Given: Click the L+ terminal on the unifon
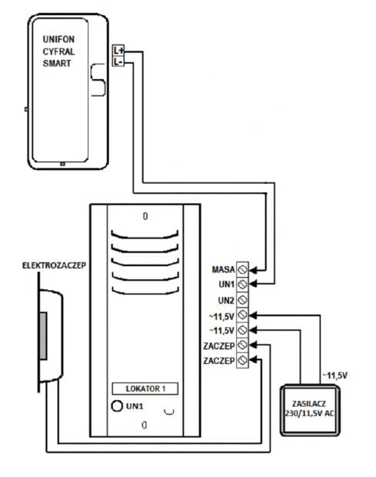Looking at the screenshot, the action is click(x=118, y=50).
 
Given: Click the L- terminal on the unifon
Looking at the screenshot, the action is click(x=118, y=62).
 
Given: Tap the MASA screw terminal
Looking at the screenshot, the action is click(x=242, y=269).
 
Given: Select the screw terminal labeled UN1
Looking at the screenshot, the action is click(x=242, y=285).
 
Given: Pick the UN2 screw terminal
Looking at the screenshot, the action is click(x=242, y=300).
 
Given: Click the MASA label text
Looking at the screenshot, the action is click(x=224, y=269).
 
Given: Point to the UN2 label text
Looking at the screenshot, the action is click(x=226, y=301).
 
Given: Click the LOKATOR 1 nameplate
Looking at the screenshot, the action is click(x=145, y=389).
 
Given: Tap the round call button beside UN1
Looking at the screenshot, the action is click(x=117, y=405).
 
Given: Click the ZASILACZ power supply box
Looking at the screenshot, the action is click(x=310, y=410).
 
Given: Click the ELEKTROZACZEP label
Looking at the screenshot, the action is click(x=54, y=265).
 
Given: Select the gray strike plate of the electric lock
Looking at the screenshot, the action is click(x=43, y=336).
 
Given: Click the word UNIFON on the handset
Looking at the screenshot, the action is click(x=58, y=39).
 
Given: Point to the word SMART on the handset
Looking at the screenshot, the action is click(x=57, y=63).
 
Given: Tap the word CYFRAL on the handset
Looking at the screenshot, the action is click(x=58, y=52).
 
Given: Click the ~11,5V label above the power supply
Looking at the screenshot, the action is click(x=335, y=375).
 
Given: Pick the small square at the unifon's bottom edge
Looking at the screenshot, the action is click(x=62, y=164).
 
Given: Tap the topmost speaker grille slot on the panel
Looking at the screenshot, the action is click(x=145, y=235).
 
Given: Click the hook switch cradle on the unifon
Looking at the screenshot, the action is click(x=98, y=80).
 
